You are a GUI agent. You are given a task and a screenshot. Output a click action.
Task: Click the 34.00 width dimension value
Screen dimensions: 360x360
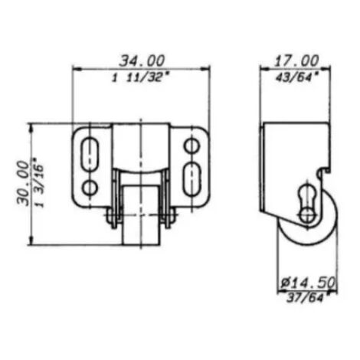(x=142, y=61)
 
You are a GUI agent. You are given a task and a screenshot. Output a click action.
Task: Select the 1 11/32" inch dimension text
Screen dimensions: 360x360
(x=141, y=77)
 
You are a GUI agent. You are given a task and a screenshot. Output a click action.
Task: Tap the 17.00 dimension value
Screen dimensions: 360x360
(x=296, y=61)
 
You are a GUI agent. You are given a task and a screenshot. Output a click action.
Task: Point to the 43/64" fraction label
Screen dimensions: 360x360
(x=297, y=77)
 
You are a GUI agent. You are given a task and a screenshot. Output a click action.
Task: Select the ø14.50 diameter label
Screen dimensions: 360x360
(x=308, y=283)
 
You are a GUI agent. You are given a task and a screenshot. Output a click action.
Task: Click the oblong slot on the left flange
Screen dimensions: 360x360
(x=90, y=154)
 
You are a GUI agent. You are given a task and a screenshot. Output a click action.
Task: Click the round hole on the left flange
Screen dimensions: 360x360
(x=90, y=188)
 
